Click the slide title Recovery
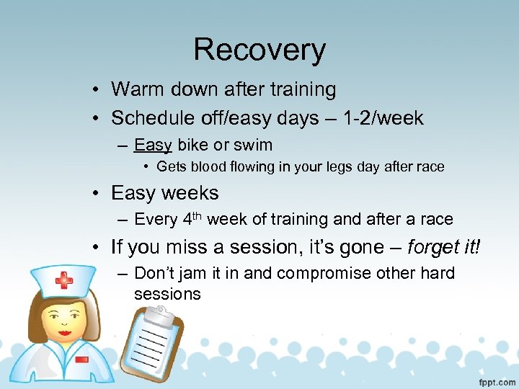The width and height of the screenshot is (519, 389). pos(259,50)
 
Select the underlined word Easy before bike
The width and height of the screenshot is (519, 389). pos(153,145)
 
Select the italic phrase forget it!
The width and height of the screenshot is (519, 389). pos(444,247)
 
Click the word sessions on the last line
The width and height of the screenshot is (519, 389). pos(167,294)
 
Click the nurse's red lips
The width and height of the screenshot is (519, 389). pos(65,334)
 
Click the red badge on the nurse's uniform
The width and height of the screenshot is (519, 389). pos(81,359)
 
